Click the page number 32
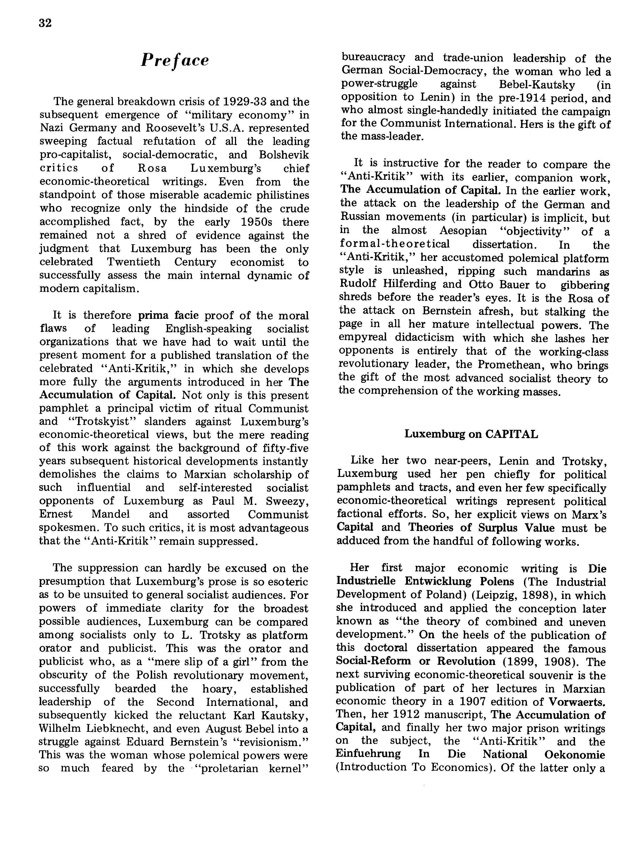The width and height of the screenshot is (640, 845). point(45,23)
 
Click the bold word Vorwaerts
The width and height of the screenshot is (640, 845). point(577,702)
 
